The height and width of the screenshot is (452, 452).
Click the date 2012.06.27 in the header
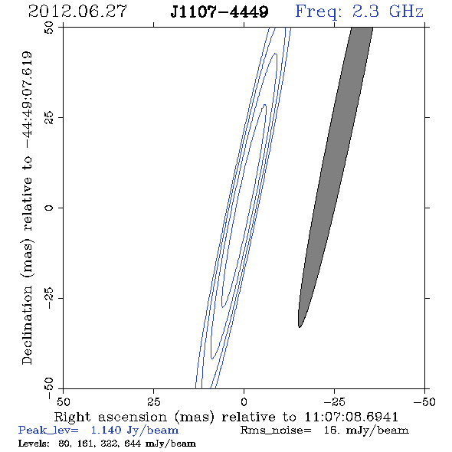click(x=77, y=11)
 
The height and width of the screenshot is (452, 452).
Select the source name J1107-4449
click(x=219, y=11)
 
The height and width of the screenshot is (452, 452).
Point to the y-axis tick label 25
click(x=49, y=118)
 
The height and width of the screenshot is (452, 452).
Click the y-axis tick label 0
click(x=49, y=208)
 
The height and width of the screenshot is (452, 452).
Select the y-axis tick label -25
click(x=49, y=298)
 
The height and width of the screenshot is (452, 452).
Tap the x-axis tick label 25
click(x=153, y=401)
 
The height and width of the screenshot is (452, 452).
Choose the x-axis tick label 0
click(x=244, y=401)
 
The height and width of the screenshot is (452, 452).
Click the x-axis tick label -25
click(x=334, y=401)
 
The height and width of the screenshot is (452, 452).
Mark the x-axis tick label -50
click(x=424, y=401)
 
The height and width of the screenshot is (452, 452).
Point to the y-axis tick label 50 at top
click(x=49, y=28)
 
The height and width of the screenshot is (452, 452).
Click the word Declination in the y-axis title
click(x=27, y=325)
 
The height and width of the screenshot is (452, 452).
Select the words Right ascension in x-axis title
click(x=110, y=417)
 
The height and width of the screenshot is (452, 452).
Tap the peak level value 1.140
click(x=106, y=430)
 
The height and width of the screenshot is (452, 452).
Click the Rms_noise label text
click(x=276, y=431)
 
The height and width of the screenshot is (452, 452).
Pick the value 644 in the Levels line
click(x=133, y=443)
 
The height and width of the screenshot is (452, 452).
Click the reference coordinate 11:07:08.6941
click(x=351, y=417)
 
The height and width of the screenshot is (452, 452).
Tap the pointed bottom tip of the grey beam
click(x=300, y=327)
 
